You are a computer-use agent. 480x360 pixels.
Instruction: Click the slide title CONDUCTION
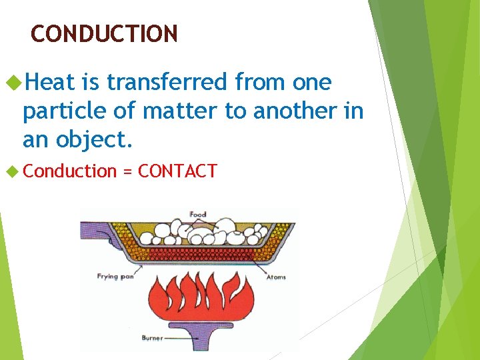104,33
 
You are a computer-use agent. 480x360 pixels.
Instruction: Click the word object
93,140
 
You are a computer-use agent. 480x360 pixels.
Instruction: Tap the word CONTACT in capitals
177,171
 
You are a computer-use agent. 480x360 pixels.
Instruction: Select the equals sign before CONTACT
127,172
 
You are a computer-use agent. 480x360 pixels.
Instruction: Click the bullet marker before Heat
13,83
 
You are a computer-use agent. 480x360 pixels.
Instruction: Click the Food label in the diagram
198,214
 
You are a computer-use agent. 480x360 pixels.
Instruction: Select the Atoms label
276,277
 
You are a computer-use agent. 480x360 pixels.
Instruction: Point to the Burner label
152,338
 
